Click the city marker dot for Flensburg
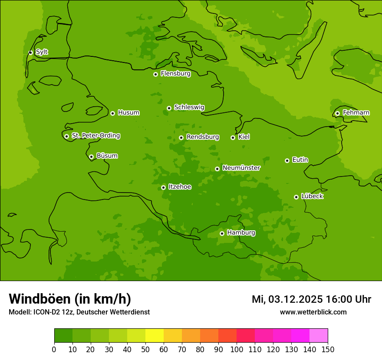click(x=155, y=74)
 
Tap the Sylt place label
click(x=42, y=52)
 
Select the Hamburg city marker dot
click(x=222, y=233)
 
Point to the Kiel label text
click(x=244, y=137)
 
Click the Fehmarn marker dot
click(x=337, y=113)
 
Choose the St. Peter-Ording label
click(x=96, y=136)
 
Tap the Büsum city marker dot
click(x=91, y=157)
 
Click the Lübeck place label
click(x=312, y=196)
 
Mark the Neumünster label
click(x=241, y=168)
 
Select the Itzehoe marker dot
click(x=163, y=187)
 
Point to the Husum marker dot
click(x=112, y=113)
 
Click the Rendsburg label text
click(x=203, y=137)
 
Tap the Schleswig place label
click(x=189, y=107)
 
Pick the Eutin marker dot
click(x=287, y=160)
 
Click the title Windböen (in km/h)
click(x=70, y=299)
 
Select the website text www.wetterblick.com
click(x=313, y=312)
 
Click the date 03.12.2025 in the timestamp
click(x=296, y=299)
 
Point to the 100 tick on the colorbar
click(x=237, y=349)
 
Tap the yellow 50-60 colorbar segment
click(x=155, y=335)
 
